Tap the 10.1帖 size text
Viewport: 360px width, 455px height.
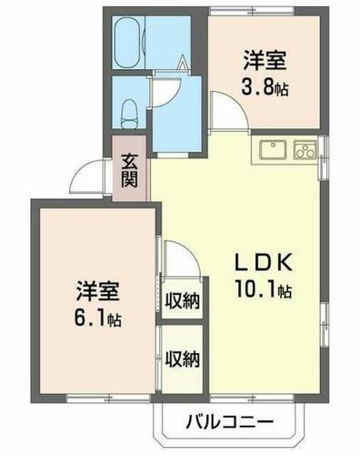point(263,291)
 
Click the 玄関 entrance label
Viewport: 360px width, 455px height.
point(131,167)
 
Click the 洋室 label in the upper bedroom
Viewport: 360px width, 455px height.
point(265,63)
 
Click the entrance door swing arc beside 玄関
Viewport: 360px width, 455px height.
point(91,178)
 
